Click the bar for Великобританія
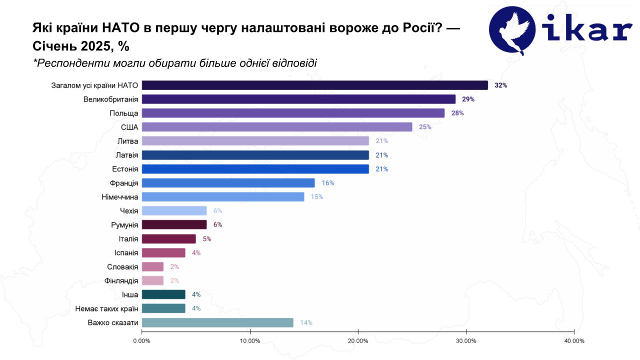298,99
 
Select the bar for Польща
293,113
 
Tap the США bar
277,127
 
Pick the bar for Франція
228,183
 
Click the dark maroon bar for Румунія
174,224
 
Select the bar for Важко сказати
217,322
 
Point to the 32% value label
500,85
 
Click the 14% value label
306,322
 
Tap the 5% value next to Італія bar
207,239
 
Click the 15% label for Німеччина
317,197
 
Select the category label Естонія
123,169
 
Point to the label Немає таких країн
106,308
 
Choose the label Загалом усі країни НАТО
94,85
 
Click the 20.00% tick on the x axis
358,341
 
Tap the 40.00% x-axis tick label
574,341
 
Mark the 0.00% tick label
141,341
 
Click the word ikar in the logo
590,31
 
